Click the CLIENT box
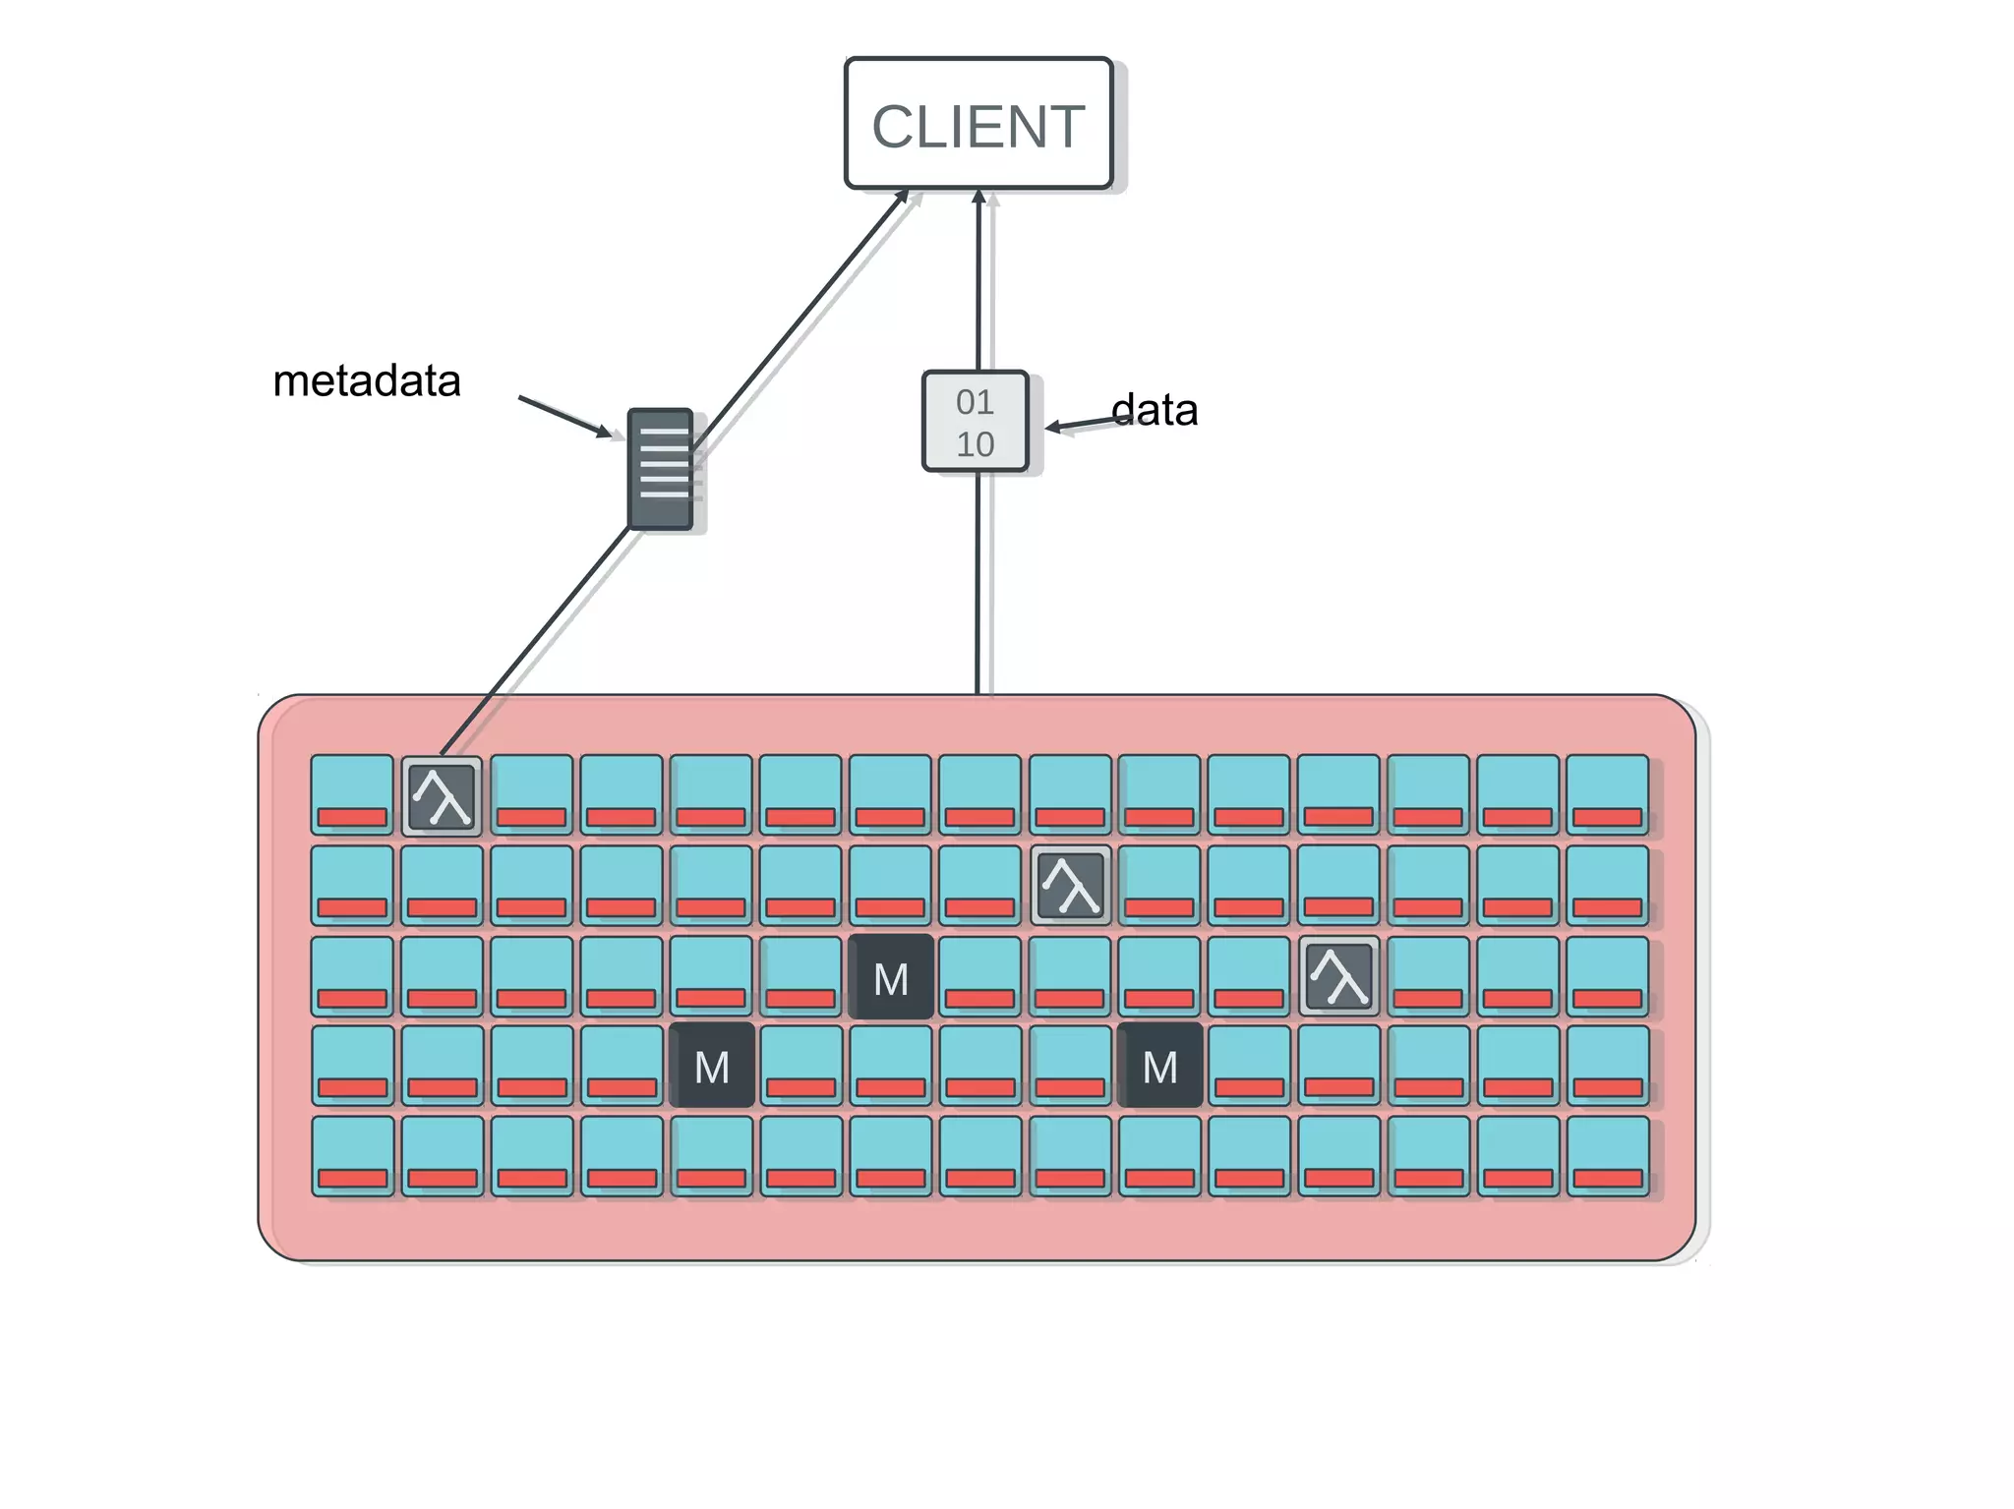[x=978, y=124]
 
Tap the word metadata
[x=367, y=381]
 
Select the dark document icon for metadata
[x=661, y=469]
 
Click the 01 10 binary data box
[x=976, y=422]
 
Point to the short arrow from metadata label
[x=565, y=416]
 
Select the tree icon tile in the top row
[x=442, y=795]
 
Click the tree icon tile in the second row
[x=1071, y=885]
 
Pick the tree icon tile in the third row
[x=1338, y=975]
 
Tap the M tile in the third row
[x=891, y=977]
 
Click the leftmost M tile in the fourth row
[x=712, y=1066]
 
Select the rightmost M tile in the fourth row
[x=1160, y=1066]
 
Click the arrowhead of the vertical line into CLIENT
[x=978, y=197]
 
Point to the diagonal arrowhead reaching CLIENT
[x=902, y=197]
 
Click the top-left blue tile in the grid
[x=352, y=794]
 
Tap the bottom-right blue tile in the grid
[x=1608, y=1155]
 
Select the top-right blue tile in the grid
[x=1608, y=794]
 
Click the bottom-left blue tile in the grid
[x=352, y=1155]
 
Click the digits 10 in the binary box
[x=976, y=444]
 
